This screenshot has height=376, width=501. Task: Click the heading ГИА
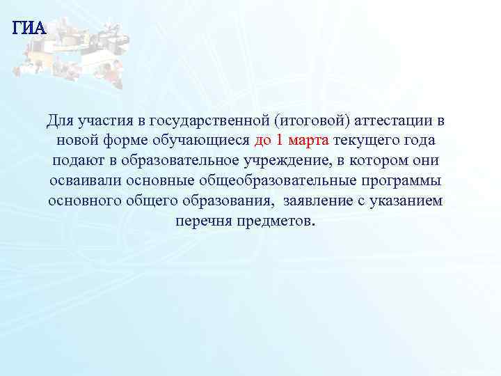(29, 29)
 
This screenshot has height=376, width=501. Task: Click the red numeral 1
(279, 141)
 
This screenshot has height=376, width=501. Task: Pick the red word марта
(308, 141)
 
